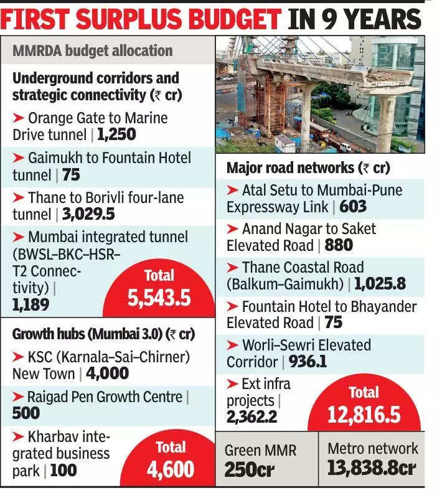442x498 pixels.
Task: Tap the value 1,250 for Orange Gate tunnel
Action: (116, 134)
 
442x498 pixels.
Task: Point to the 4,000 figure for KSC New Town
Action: (107, 373)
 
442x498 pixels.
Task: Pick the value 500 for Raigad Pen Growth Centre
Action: (26, 412)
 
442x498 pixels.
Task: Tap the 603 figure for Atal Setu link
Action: (354, 206)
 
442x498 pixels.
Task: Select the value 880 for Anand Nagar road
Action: (339, 245)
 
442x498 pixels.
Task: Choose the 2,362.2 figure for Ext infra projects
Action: (252, 416)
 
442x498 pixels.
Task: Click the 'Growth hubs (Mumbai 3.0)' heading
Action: (103, 334)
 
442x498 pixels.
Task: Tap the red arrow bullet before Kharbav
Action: (19, 436)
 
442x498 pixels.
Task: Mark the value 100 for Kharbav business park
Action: (63, 470)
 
